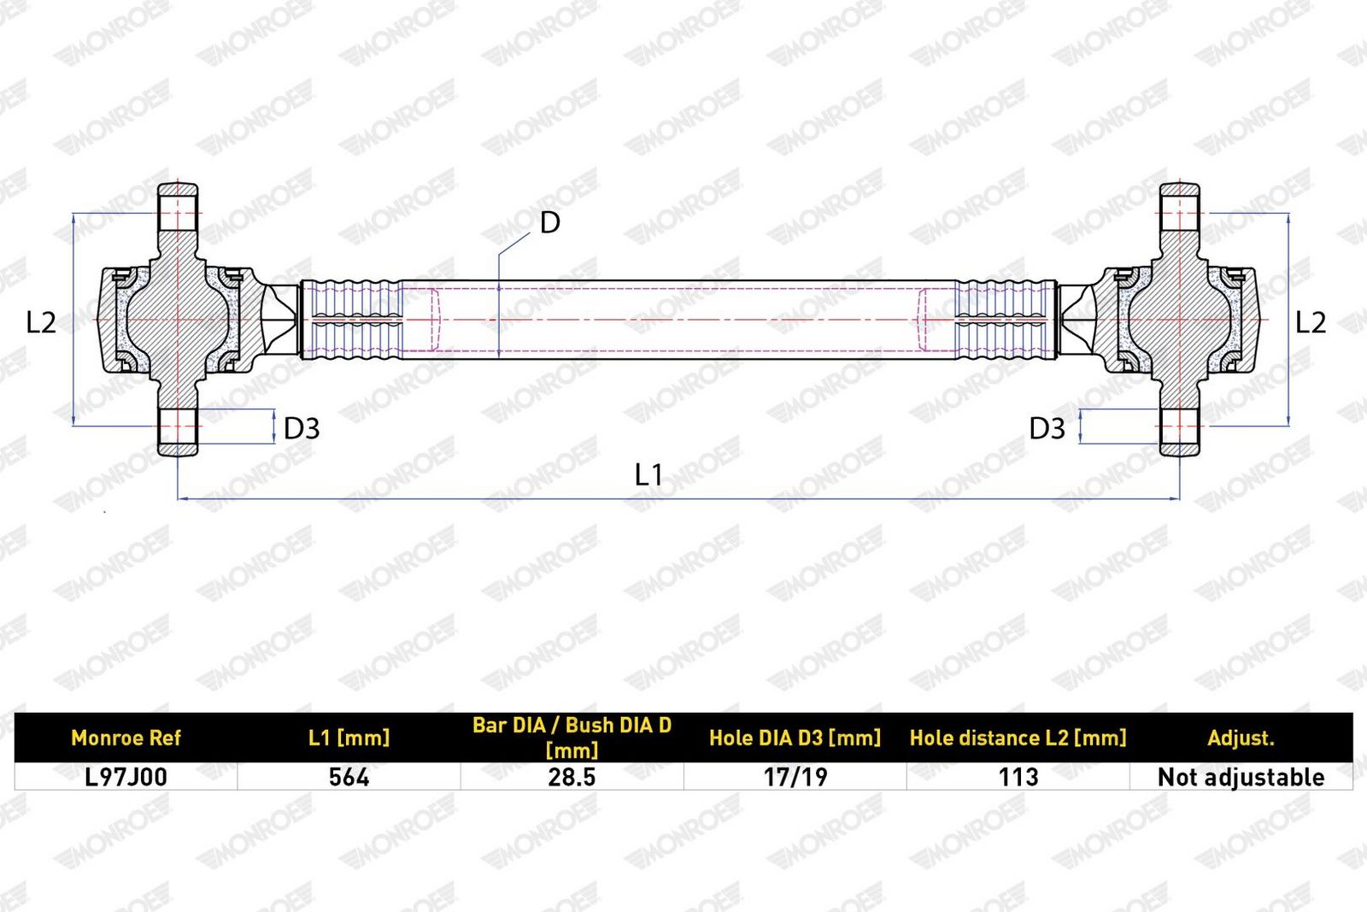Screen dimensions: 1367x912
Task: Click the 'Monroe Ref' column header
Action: coord(126,738)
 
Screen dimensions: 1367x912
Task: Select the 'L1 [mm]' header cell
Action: coord(349,738)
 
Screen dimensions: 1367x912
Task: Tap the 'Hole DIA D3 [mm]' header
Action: coord(795,738)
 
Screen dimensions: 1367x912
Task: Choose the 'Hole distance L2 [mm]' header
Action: coord(1018,738)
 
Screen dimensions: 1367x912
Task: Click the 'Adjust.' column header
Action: coord(1241,738)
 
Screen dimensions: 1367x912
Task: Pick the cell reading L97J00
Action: coord(126,777)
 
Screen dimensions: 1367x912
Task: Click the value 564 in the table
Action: coord(349,777)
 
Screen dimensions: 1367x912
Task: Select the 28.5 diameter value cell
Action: coord(572,777)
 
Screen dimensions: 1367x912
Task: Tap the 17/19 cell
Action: coord(795,777)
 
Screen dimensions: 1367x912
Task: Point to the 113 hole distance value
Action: coord(1018,777)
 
